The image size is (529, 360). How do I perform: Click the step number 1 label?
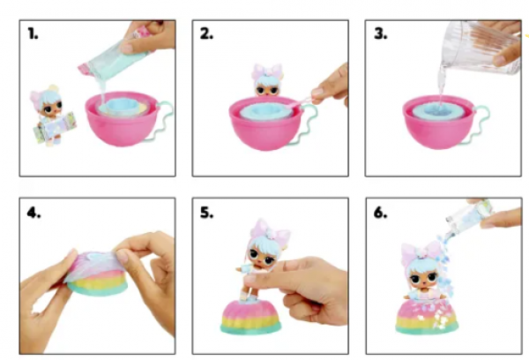(x=33, y=34)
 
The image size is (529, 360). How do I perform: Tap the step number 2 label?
(x=206, y=34)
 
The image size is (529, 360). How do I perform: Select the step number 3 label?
(x=380, y=34)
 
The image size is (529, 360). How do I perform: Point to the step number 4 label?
(x=34, y=213)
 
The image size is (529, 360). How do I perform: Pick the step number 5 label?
(x=206, y=213)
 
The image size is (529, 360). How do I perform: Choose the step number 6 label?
(x=380, y=213)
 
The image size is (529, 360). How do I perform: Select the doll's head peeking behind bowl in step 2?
(x=266, y=80)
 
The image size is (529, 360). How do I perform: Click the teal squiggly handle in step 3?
(x=481, y=123)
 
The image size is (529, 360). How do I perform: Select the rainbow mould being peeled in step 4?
(x=97, y=273)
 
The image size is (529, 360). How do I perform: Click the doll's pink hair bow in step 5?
(x=269, y=230)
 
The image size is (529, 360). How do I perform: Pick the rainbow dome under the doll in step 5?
(x=250, y=317)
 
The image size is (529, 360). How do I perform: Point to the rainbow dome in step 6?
(x=427, y=317)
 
